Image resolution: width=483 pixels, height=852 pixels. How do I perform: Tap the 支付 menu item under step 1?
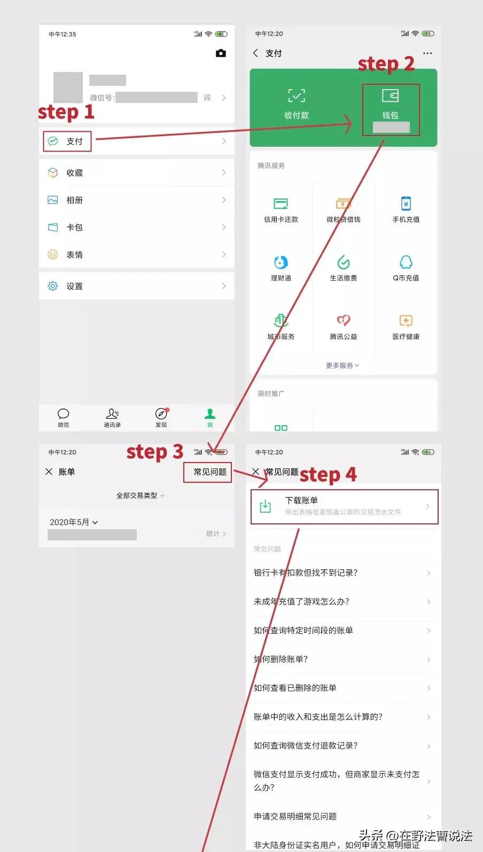(x=74, y=141)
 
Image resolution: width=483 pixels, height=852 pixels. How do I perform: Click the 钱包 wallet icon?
(x=390, y=97)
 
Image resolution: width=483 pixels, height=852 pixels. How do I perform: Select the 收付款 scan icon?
(x=297, y=96)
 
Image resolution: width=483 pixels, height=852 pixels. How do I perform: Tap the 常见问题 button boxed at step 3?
(x=209, y=472)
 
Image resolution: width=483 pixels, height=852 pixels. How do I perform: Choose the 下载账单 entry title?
(x=301, y=500)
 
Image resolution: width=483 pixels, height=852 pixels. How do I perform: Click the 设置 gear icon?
(x=53, y=286)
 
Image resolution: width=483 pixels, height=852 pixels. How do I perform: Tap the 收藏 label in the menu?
(x=74, y=173)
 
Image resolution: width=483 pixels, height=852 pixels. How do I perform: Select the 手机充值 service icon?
(x=406, y=204)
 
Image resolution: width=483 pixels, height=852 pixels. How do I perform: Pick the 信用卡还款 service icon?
(x=281, y=204)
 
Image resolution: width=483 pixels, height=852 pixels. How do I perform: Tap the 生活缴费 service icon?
(x=343, y=262)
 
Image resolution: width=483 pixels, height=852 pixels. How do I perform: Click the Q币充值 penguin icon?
(x=406, y=262)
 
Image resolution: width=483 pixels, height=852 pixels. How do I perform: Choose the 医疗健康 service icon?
(x=406, y=321)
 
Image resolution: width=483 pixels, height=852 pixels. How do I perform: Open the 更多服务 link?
(x=342, y=365)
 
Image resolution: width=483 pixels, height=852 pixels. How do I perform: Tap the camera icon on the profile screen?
(x=221, y=53)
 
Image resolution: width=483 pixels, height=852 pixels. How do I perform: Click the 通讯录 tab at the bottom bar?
(x=112, y=417)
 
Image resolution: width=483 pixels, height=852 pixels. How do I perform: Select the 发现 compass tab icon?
(x=161, y=415)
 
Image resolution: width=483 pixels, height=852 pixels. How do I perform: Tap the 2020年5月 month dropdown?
(x=74, y=522)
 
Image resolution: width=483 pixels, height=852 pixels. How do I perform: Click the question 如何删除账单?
(x=281, y=659)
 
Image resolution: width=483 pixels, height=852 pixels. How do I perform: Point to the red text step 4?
(x=328, y=474)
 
